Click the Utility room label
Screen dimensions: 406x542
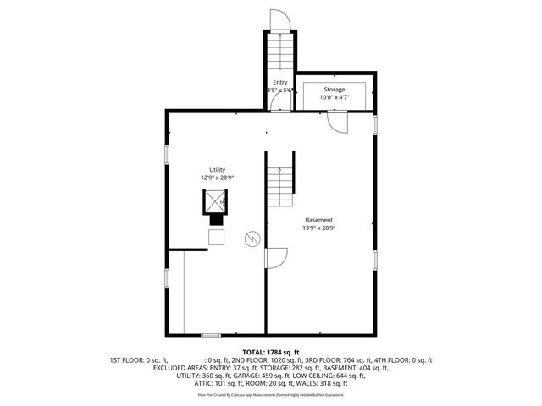pyautogui.click(x=218, y=170)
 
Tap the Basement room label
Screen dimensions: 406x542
pyautogui.click(x=319, y=220)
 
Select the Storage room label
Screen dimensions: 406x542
pyautogui.click(x=334, y=89)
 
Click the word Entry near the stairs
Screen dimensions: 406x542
pyautogui.click(x=279, y=82)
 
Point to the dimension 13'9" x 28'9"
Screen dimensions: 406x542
pyautogui.click(x=319, y=228)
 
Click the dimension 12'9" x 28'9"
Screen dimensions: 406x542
pyautogui.click(x=218, y=178)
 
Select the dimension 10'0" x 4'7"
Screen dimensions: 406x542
pyautogui.click(x=334, y=96)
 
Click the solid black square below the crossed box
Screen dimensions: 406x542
pyautogui.click(x=217, y=217)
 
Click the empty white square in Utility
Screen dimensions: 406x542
pyautogui.click(x=218, y=238)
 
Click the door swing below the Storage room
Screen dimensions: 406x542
pyautogui.click(x=338, y=122)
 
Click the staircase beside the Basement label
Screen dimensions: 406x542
pyautogui.click(x=280, y=186)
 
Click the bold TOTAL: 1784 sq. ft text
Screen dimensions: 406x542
pyautogui.click(x=270, y=352)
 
